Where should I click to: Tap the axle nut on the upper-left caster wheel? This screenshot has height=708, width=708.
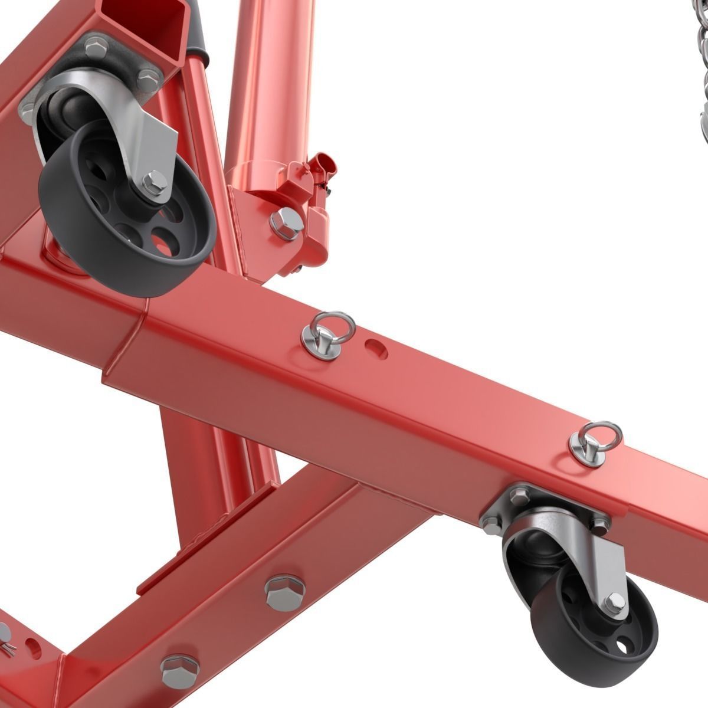point(155,181)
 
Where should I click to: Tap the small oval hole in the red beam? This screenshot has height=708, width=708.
point(375,346)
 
